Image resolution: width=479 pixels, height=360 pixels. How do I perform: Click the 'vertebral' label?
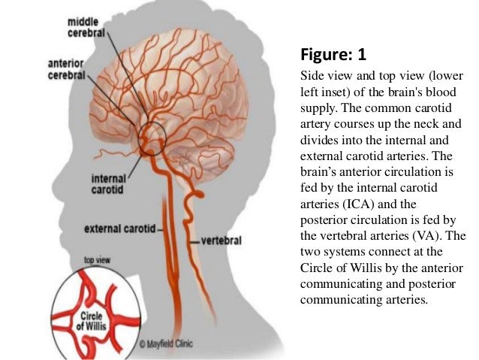coord(221,241)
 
